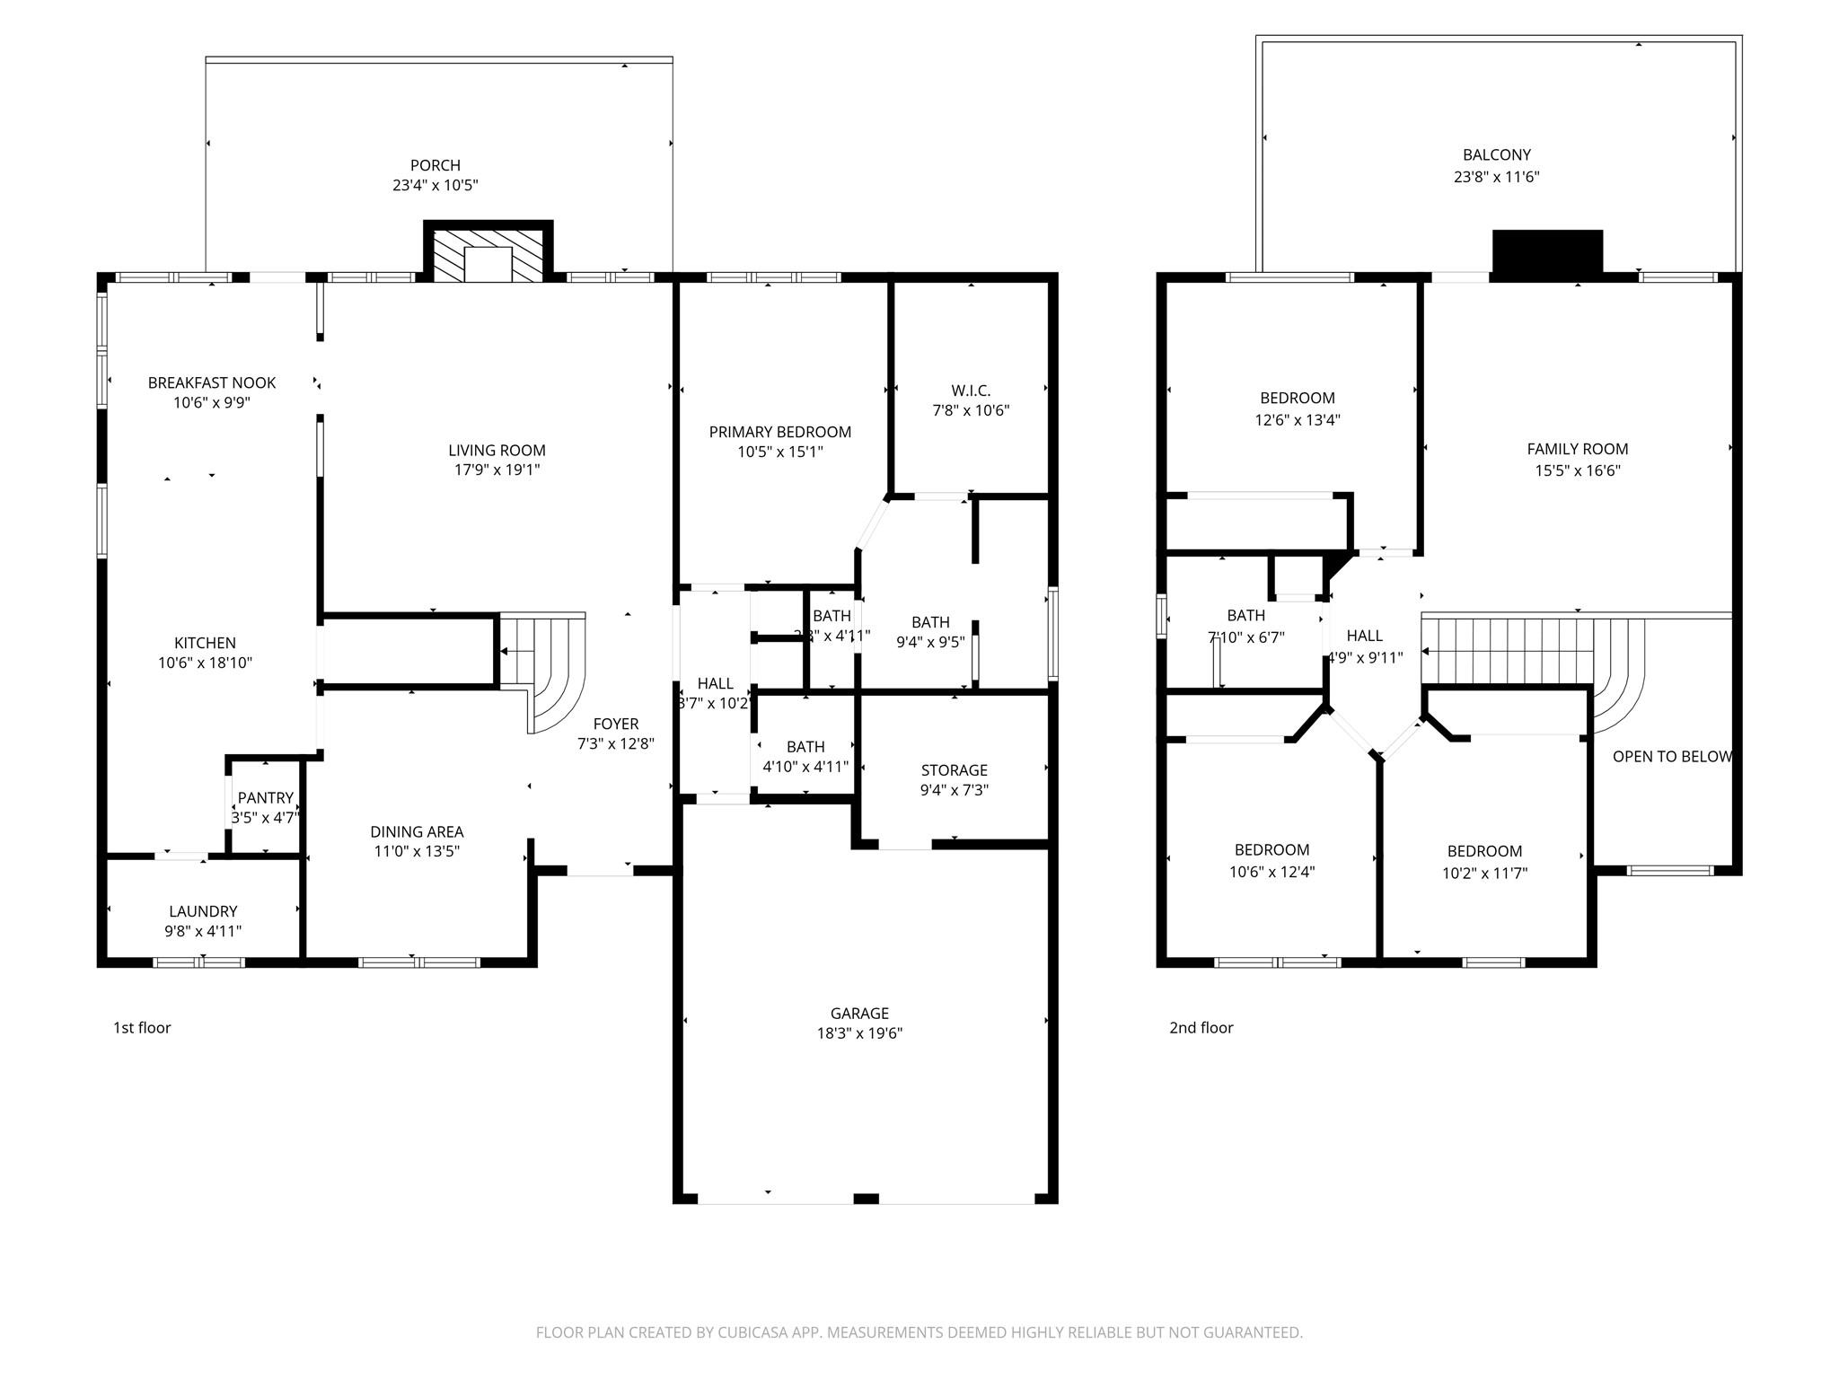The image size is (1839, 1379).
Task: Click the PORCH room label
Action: point(435,165)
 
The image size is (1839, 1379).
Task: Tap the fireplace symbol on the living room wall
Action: point(488,254)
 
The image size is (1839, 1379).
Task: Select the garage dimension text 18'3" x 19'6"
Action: point(859,1033)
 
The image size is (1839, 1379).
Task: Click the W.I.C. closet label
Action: point(971,391)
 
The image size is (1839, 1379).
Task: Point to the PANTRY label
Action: point(265,798)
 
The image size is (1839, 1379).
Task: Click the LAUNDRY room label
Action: point(203,911)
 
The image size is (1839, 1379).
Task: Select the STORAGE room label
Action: point(954,770)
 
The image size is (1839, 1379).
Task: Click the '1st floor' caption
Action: point(142,1028)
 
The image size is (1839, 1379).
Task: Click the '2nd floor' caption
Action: point(1201,1028)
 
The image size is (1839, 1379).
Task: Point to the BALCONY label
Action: point(1496,155)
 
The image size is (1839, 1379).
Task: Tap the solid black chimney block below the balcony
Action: point(1547,250)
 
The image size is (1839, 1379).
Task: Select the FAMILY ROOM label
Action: point(1577,450)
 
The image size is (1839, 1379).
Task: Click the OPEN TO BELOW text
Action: point(1671,757)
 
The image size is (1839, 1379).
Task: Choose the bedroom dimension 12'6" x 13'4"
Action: point(1297,419)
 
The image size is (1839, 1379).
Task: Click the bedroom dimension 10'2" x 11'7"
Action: point(1484,873)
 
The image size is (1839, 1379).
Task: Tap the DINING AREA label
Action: point(417,832)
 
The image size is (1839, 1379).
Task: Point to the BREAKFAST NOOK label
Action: point(212,383)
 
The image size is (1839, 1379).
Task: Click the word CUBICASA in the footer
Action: point(752,1333)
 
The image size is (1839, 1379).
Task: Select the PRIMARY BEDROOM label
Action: point(779,433)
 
